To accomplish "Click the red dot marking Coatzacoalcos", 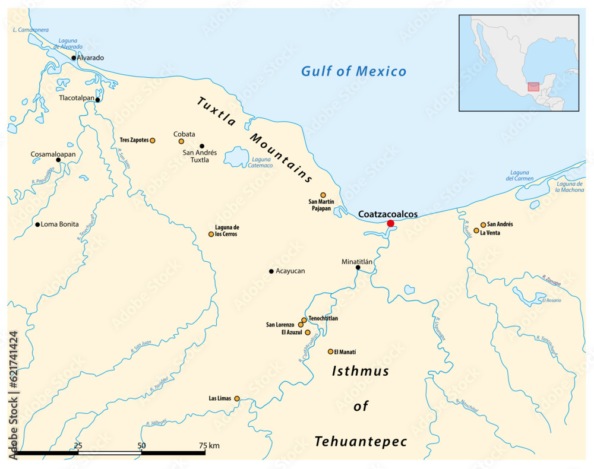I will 390,223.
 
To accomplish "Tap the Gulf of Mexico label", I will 353,72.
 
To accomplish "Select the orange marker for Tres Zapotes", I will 153,141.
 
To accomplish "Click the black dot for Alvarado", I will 74,58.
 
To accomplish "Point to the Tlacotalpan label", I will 76,97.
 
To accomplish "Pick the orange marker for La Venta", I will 476,230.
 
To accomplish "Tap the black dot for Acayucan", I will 271,271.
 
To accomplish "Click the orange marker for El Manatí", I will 331,351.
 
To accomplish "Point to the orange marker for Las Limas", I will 237,398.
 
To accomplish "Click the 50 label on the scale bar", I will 141,445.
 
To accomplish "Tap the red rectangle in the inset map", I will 533,87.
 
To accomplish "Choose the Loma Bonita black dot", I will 37,224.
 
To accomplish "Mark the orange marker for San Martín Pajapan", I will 323,195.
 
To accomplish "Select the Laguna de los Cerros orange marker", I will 211,234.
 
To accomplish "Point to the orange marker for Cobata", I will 181,141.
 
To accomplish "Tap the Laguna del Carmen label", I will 520,175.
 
